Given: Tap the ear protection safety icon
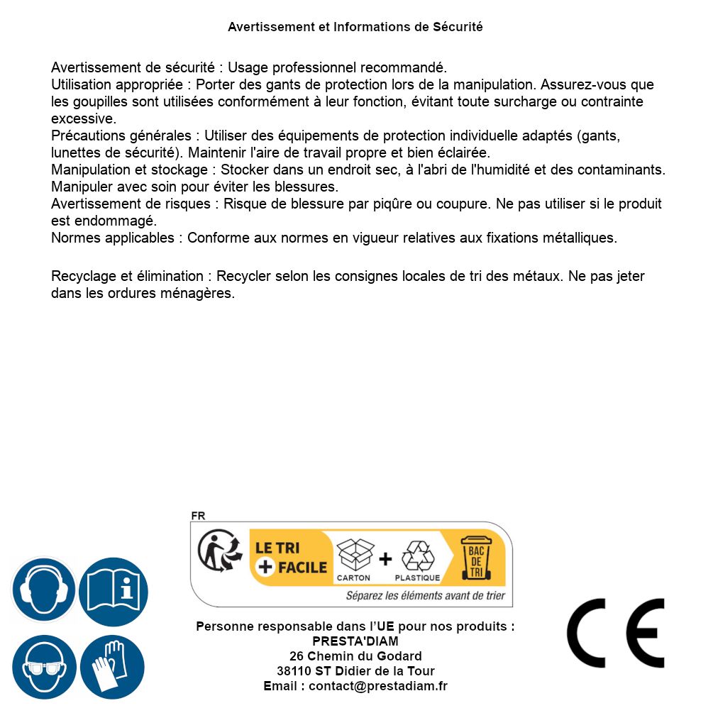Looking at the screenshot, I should (x=43, y=590).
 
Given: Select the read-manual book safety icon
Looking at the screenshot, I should (x=113, y=590).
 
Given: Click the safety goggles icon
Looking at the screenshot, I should (x=43, y=667).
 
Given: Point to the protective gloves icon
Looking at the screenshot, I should (x=113, y=667).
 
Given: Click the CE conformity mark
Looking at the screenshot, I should (x=616, y=633).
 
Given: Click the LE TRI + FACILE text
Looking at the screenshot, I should (x=291, y=558).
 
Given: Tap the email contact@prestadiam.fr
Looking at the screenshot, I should (x=377, y=686).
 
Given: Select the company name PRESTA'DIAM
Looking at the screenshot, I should (x=355, y=641).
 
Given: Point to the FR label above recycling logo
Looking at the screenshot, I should (x=198, y=516).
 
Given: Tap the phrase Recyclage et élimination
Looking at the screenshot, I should (x=127, y=276).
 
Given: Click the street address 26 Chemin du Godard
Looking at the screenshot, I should (x=355, y=656).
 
